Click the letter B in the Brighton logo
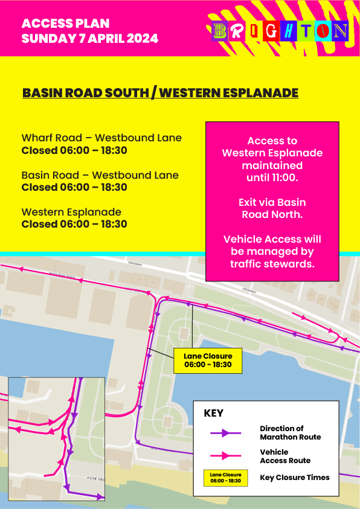(220, 31)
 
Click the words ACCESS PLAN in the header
(65, 24)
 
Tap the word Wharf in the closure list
(36, 138)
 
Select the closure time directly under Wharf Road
(74, 150)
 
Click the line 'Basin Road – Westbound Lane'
(100, 175)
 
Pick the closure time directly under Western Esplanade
(74, 224)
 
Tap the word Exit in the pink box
(249, 202)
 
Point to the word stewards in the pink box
(294, 263)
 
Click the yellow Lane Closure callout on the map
(208, 360)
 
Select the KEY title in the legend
(213, 414)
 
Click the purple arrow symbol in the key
(225, 432)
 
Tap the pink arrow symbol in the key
(225, 456)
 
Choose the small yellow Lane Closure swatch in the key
(225, 478)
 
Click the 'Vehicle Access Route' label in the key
(285, 456)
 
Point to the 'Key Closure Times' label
(295, 478)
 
